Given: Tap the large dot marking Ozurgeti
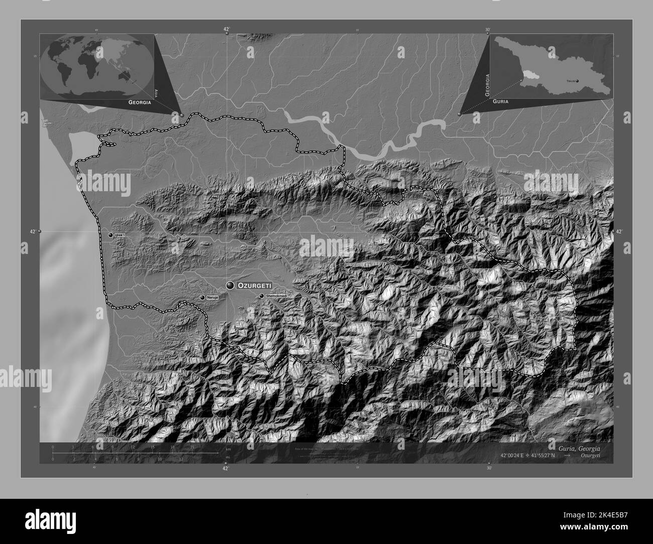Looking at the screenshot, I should (231, 286).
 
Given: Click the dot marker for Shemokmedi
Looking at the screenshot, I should (261, 296).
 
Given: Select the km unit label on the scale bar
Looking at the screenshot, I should (228, 449).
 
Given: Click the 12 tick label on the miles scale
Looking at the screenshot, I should (181, 459).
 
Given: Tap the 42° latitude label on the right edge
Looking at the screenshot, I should (618, 231).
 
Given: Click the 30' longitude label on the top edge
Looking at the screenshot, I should (488, 30).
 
